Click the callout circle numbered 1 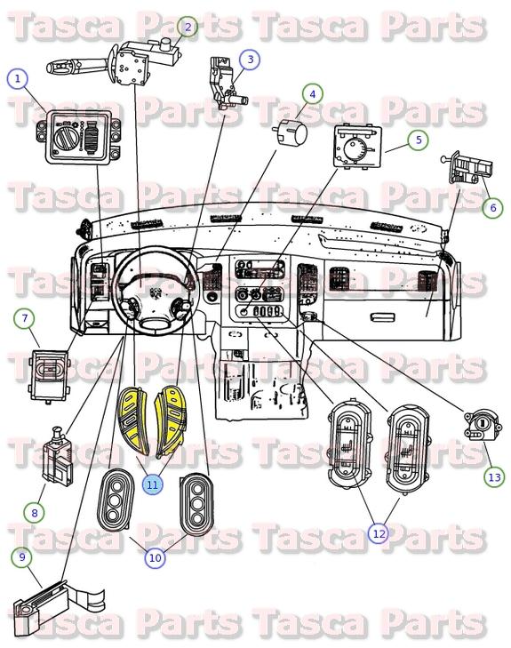17,78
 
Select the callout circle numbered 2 188,28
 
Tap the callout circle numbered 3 251,60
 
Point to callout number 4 312,92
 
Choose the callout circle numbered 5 418,140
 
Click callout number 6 492,207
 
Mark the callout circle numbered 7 24,317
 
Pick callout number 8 34,512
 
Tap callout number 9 21,557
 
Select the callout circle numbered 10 155,558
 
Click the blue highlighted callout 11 153,484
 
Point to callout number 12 379,533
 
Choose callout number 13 494,476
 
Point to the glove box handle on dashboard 381,316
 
